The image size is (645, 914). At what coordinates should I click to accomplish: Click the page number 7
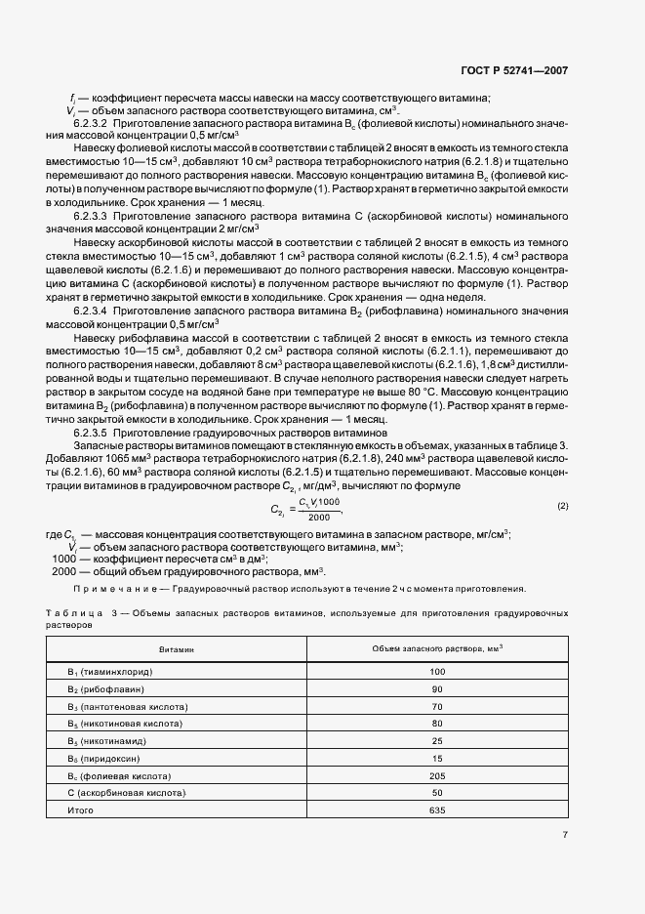tap(565, 834)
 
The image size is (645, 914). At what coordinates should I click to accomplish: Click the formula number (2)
tap(562, 506)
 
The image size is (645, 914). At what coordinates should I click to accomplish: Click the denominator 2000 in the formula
tap(319, 517)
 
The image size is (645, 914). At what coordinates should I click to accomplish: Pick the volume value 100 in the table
tap(436, 672)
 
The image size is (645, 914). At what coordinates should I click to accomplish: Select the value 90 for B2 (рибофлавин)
tap(436, 689)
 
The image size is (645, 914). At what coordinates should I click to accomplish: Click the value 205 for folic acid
tap(436, 775)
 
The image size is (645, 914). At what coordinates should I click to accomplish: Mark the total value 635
tap(436, 810)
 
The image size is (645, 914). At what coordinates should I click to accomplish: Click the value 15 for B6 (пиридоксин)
tap(436, 758)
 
